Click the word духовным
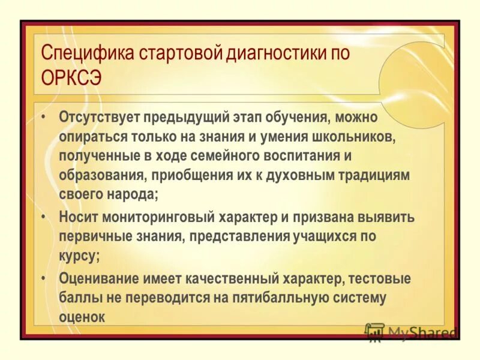(x=308, y=175)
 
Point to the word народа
(x=131, y=195)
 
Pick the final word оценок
(x=82, y=317)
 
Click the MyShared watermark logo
(x=410, y=332)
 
